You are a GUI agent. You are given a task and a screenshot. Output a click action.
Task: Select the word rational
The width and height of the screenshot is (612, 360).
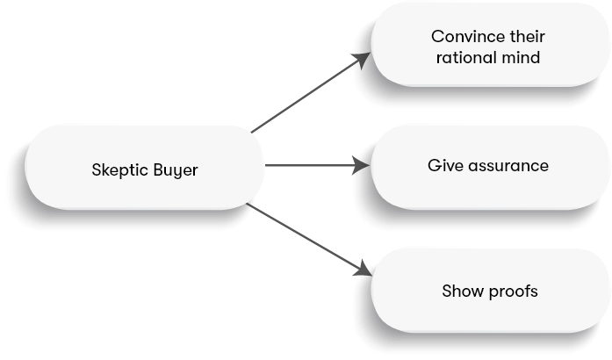coord(463,59)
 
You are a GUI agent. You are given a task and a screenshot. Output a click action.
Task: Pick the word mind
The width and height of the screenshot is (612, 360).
coord(521,59)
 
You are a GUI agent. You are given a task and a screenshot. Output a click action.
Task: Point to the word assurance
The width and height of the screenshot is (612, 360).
coord(507,164)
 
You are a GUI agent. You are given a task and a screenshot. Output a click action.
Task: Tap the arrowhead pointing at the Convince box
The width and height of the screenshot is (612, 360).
coord(364,58)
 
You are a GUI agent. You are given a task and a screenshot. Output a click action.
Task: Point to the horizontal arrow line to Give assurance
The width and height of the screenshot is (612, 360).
coord(307,164)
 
